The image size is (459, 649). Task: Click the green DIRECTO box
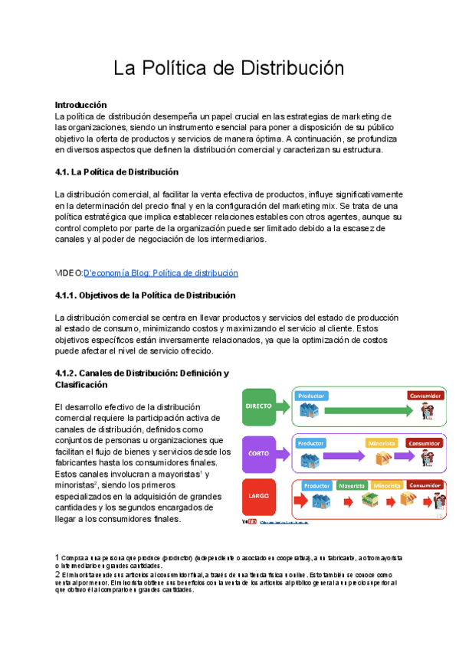259,406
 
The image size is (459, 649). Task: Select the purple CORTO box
259,452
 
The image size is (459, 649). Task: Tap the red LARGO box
259,497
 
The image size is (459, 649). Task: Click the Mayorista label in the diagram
352,485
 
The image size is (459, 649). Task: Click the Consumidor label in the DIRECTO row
425,396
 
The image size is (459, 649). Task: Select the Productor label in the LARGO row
316,485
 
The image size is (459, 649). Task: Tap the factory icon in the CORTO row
310,459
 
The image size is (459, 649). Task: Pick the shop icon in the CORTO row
382,458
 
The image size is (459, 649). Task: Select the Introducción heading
80,104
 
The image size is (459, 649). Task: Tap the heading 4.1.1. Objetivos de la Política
145,295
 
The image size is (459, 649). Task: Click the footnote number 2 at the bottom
57,574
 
